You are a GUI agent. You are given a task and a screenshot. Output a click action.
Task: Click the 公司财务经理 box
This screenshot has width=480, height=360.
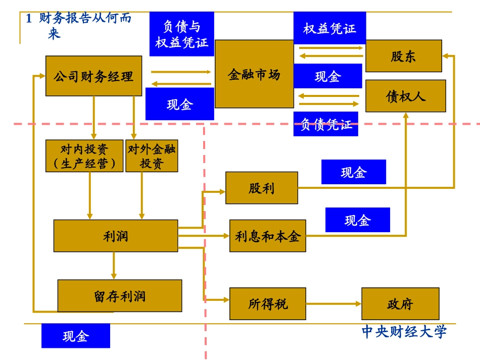coord(93,76)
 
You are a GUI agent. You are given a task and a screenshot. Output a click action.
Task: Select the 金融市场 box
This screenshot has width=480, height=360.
coord(254,74)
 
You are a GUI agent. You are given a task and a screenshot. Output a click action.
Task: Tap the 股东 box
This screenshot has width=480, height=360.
coord(403,56)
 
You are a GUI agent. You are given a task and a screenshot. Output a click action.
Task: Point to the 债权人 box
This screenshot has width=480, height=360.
coord(406,96)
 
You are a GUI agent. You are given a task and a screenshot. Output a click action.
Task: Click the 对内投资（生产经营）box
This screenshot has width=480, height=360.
coord(84,156)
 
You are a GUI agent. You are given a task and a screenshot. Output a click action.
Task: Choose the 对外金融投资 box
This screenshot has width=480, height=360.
coord(152,156)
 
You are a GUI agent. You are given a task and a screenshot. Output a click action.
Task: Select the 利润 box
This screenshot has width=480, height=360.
coord(116,236)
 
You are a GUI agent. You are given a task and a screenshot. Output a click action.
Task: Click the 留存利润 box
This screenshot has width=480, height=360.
coord(119,296)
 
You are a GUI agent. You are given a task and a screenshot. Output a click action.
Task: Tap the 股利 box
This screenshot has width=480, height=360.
coord(261,188)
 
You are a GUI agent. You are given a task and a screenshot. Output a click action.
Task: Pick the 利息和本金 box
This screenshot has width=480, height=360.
coord(267,236)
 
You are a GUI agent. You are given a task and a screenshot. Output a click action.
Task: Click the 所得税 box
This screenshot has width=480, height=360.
coord(267,304)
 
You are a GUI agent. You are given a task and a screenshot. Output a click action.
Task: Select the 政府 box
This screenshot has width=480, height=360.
coord(400,304)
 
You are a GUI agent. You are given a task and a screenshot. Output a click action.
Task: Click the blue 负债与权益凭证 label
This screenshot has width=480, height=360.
coord(181,34)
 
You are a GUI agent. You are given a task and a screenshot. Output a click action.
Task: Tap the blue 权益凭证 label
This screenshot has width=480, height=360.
coord(329,28)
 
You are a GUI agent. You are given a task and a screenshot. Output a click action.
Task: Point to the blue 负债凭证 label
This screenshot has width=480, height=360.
coord(325,124)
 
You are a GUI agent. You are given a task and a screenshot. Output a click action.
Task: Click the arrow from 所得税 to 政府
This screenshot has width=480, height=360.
coord(333,304)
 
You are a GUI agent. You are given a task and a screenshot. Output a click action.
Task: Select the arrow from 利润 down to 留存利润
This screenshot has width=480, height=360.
coord(114,266)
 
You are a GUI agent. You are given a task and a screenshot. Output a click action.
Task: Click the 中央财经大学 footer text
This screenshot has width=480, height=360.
coord(404,332)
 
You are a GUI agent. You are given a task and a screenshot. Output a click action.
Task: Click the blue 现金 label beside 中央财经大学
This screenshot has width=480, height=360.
coord(75,336)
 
